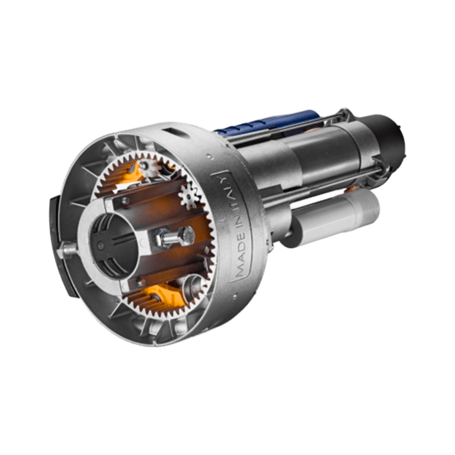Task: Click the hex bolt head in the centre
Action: pyautogui.click(x=187, y=235)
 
